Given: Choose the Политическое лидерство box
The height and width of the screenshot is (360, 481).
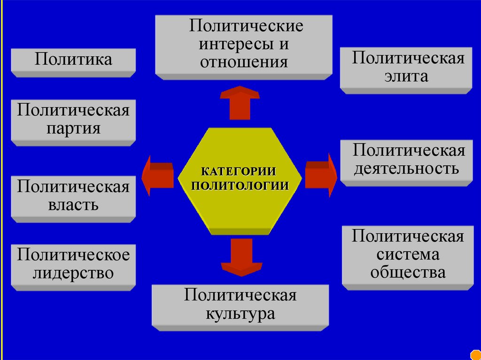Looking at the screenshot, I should click(x=73, y=265).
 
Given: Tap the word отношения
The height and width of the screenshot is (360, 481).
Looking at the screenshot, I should click(x=244, y=62).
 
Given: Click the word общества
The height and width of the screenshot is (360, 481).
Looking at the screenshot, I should click(x=408, y=272).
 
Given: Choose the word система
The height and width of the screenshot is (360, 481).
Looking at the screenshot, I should click(x=408, y=254).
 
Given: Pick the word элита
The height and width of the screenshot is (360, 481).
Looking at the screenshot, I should click(x=406, y=77).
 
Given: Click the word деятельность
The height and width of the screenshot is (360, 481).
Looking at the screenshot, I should click(x=406, y=168).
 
